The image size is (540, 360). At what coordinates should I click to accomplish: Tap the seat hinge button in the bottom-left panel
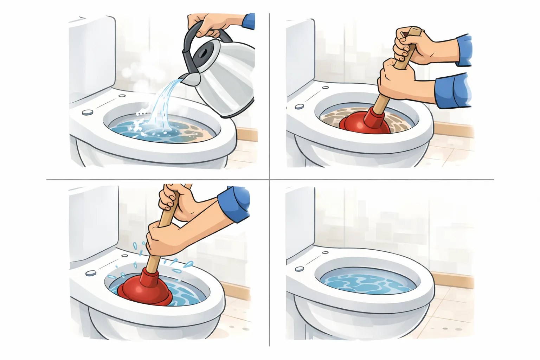[91, 273]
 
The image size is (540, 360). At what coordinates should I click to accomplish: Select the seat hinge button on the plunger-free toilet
[300, 269]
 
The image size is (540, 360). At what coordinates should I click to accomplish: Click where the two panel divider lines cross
[269, 179]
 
